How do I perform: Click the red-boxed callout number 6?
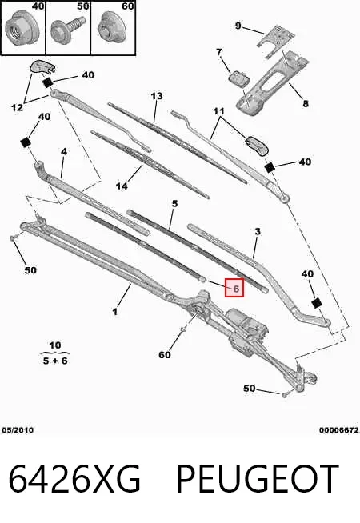click(234, 288)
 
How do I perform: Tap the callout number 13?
click(157, 96)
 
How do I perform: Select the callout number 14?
click(122, 186)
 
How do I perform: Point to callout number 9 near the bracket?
click(238, 26)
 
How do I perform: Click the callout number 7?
click(219, 52)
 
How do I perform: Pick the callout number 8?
click(306, 103)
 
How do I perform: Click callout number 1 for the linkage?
click(115, 312)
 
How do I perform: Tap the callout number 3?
click(258, 231)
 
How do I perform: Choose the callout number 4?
click(64, 151)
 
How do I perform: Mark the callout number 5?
click(175, 203)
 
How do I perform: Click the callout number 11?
click(219, 110)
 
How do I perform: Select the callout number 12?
click(17, 107)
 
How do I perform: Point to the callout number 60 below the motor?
click(165, 354)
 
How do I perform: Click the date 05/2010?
click(18, 430)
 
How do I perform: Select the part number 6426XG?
click(74, 479)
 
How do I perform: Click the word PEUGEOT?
click(258, 479)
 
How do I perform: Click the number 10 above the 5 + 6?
click(54, 345)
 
